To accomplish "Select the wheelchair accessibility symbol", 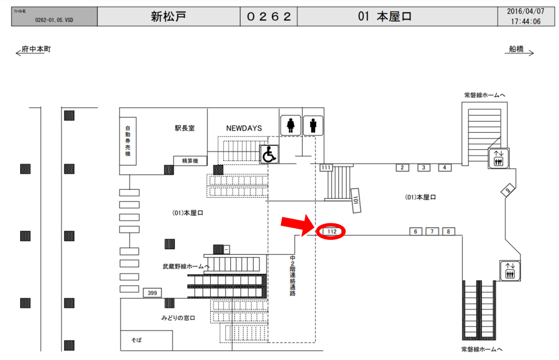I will (269, 155).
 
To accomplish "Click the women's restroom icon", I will (290, 126).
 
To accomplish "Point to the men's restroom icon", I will (313, 126).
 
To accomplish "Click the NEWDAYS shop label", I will (244, 128).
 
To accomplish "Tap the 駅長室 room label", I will (185, 128).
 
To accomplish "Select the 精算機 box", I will (189, 161).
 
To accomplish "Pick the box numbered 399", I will (152, 293).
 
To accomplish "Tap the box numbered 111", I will (326, 167).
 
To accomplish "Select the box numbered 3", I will (424, 168).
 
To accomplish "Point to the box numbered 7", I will (432, 232).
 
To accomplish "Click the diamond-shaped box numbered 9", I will (508, 190).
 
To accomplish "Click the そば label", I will (136, 340).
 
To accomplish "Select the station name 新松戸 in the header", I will (168, 16).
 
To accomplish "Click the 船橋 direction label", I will (516, 49).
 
